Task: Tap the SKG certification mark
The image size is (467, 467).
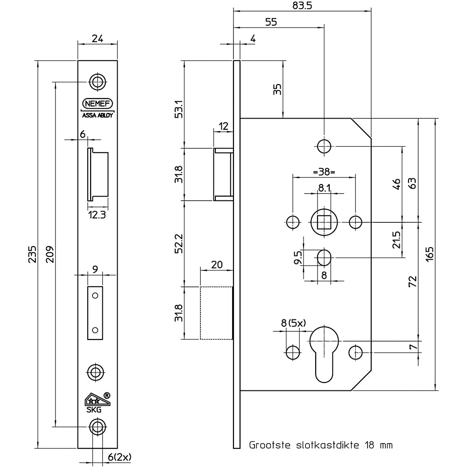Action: (97, 401)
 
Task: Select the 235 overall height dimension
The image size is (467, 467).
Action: (33, 255)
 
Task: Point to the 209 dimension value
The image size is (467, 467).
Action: (50, 255)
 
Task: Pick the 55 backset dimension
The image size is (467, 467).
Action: (271, 21)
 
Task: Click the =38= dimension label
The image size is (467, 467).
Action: (324, 172)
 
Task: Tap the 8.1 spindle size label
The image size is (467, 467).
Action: (324, 188)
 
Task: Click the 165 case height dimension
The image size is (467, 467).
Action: (430, 255)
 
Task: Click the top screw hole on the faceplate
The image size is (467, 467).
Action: (97, 82)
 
